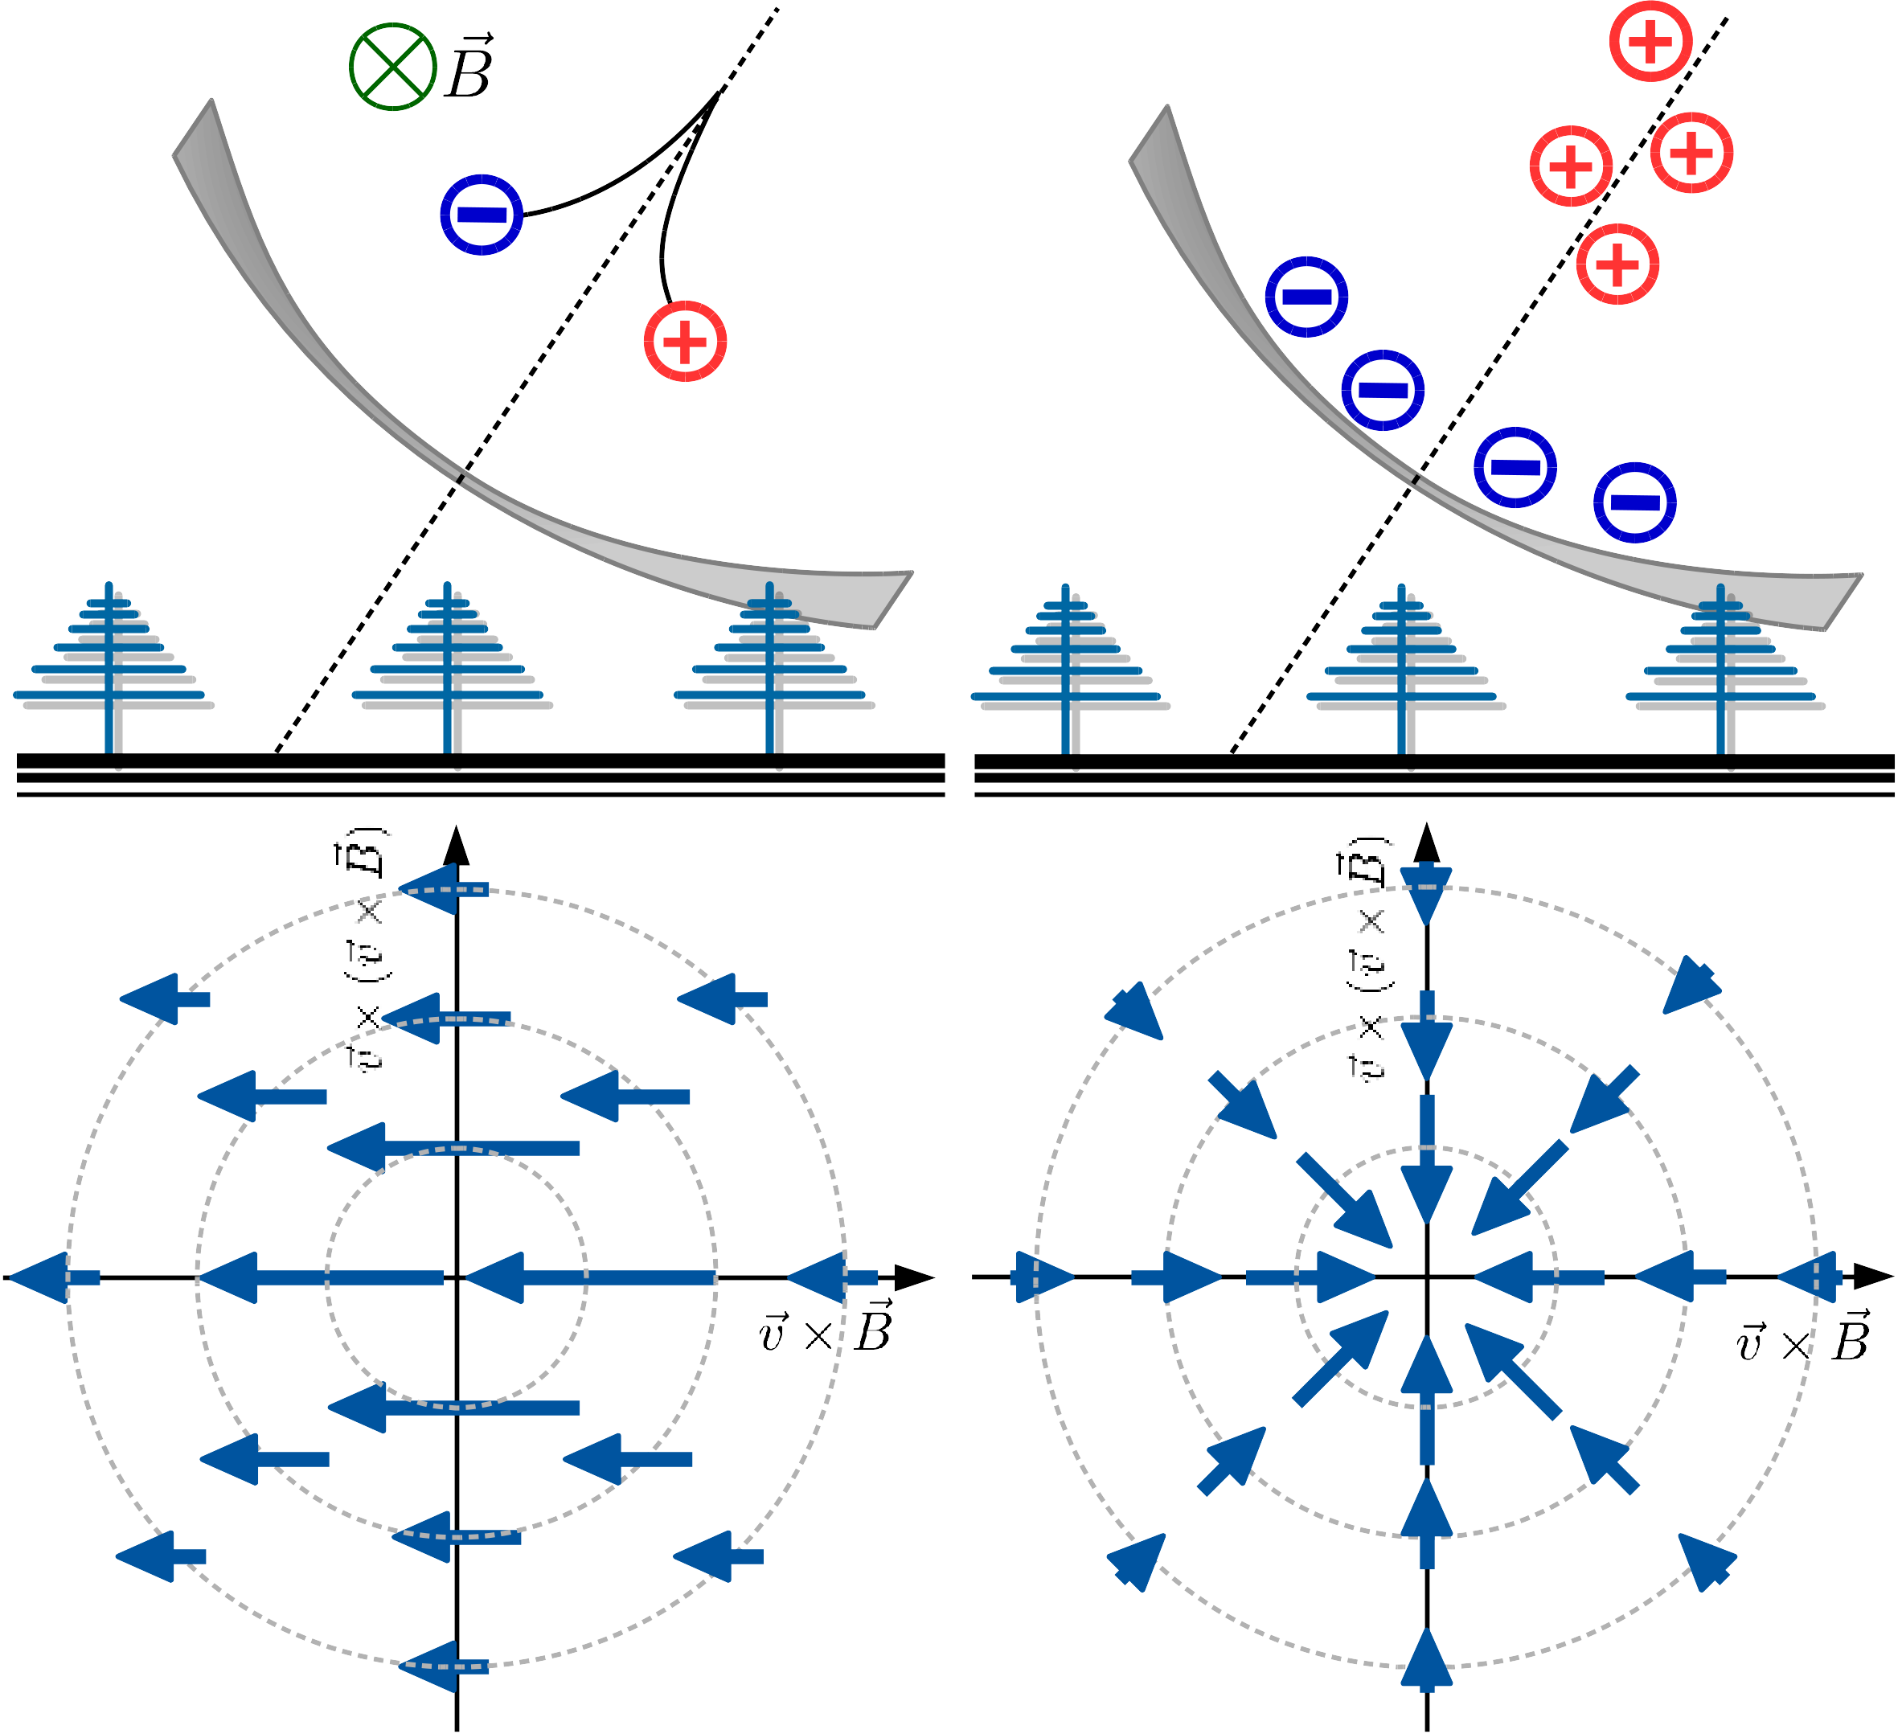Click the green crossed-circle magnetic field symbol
coord(392,67)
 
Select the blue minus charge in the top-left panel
coord(482,214)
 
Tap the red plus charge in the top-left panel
coord(685,341)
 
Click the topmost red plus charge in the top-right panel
coord(1650,42)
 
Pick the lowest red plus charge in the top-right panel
coord(1618,264)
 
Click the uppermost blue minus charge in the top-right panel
coord(1306,296)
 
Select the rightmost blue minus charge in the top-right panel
coord(1635,502)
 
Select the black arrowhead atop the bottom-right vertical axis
coord(1426,842)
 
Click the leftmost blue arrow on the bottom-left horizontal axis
coord(52,1277)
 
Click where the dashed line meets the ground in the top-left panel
coord(276,752)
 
